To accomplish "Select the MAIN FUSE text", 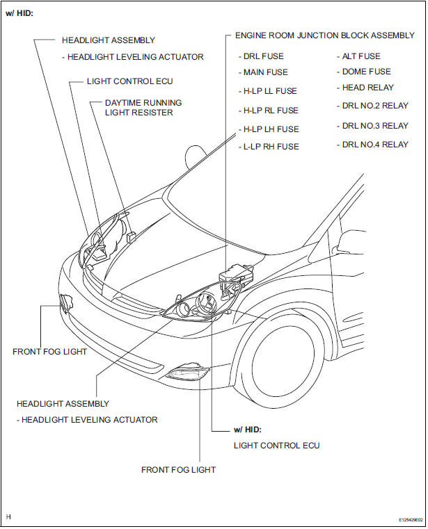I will click(x=262, y=72).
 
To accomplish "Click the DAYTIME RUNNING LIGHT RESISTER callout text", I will click(x=143, y=107).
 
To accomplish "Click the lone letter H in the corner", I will click(x=8, y=517).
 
